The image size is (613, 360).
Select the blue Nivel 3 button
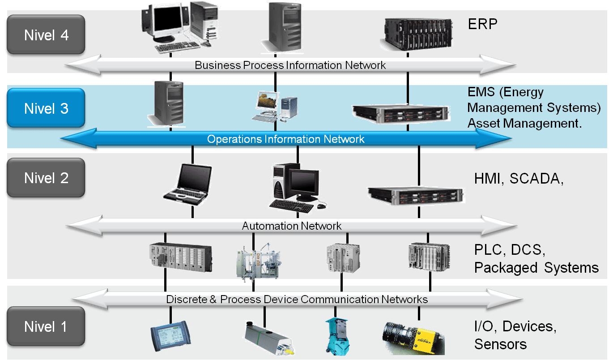46,109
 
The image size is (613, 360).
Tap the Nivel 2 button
46,178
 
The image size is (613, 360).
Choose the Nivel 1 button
46,327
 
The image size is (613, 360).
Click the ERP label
482,24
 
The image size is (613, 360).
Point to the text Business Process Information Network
290,65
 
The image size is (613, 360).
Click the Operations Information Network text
285,139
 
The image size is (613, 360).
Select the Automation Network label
292,226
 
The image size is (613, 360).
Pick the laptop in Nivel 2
187,184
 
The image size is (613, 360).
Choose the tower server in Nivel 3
166,103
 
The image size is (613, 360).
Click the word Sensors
500,344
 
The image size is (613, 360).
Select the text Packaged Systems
536,268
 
